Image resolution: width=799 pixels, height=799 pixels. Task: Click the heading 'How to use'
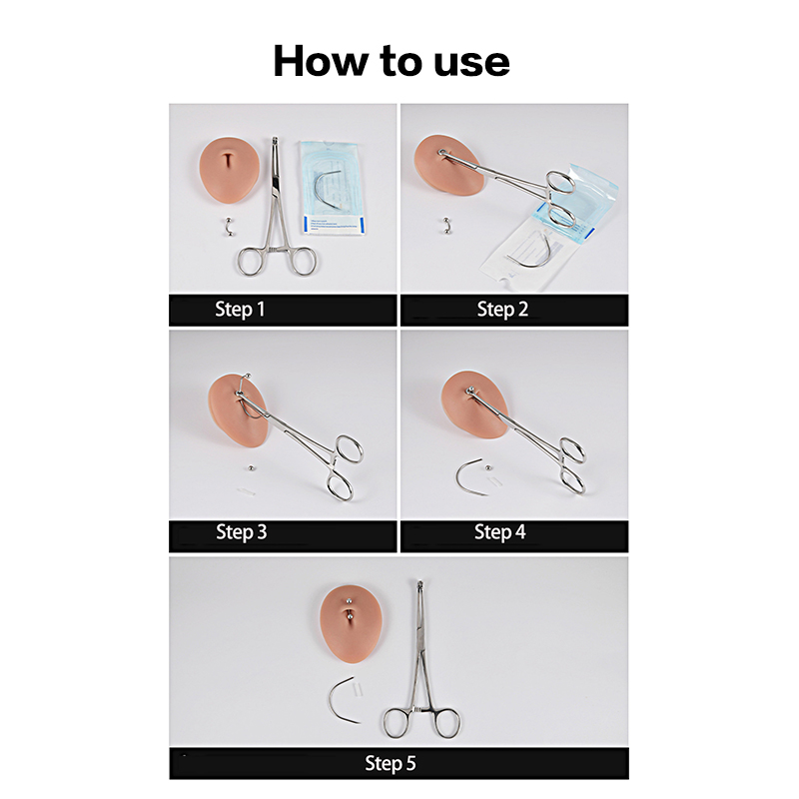point(392,61)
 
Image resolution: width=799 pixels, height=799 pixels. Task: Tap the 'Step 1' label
point(240,310)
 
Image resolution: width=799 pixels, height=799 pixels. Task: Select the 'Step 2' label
point(502,310)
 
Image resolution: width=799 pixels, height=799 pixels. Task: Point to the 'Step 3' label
point(242,532)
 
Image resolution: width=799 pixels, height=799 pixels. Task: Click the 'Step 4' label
point(500,532)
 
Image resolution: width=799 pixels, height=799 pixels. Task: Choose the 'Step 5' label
point(391,763)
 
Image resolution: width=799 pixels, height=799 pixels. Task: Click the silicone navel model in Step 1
point(230,170)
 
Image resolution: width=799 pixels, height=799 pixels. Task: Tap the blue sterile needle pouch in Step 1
point(332,188)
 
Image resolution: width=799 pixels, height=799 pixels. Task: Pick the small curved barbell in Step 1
point(229,227)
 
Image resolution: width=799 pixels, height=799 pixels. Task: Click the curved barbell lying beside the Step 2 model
point(447,227)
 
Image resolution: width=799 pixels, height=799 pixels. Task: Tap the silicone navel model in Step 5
point(351,623)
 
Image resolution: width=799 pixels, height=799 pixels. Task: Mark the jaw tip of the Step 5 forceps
point(419,583)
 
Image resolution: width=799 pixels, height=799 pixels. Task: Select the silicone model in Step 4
point(473,405)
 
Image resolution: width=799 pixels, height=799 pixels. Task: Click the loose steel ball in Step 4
point(488,467)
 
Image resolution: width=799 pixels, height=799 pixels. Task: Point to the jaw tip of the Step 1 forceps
point(276,139)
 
